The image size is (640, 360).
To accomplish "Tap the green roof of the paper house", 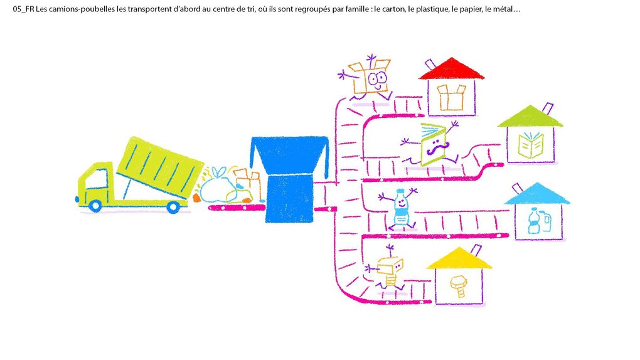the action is click(x=530, y=117).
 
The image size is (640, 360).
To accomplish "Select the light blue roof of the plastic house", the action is click(x=537, y=194).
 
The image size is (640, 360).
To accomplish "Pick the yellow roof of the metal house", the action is click(x=459, y=258).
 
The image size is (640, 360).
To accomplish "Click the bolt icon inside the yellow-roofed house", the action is click(x=459, y=286).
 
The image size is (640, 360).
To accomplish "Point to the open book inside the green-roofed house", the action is click(x=531, y=145).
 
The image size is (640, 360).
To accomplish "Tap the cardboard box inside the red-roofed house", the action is click(x=451, y=97).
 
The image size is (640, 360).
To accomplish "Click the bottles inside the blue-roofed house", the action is click(x=539, y=221).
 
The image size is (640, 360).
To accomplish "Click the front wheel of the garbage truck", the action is click(x=95, y=205).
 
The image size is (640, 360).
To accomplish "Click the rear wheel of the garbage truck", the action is click(x=173, y=208).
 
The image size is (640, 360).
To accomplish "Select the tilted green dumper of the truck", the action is click(x=161, y=167).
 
